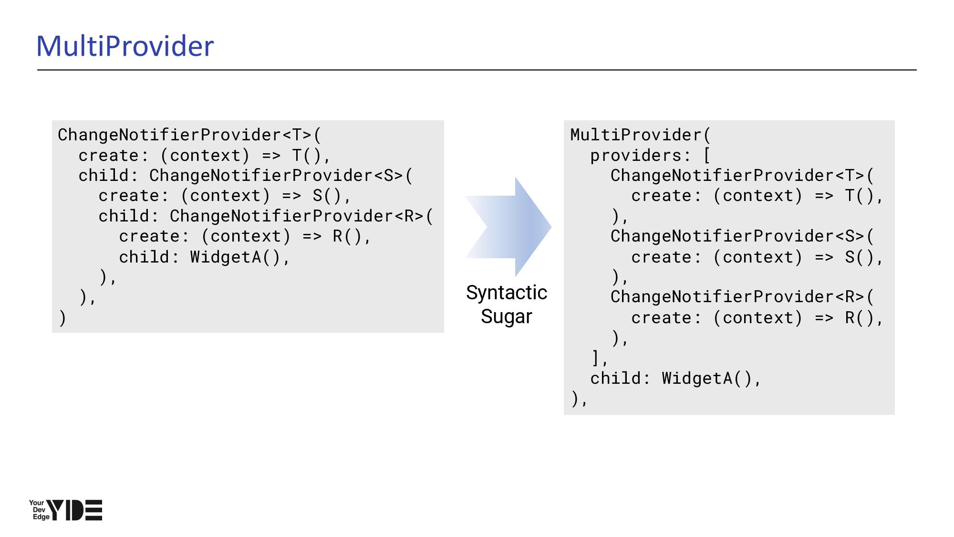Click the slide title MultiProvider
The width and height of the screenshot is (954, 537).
(125, 46)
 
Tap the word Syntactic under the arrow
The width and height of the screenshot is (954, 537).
(506, 293)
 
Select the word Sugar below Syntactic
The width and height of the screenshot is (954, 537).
(506, 316)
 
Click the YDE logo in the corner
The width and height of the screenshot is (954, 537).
(74, 510)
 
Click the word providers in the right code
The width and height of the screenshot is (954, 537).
(635, 156)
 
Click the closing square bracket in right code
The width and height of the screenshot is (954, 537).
(595, 358)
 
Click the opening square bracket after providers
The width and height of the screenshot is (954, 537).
(707, 156)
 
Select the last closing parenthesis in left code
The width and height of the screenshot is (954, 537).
(62, 318)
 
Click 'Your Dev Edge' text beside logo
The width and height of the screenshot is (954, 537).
(39, 510)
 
